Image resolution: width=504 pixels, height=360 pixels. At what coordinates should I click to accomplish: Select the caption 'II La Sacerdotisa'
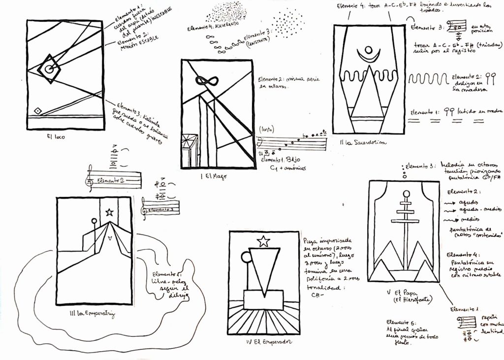(363, 142)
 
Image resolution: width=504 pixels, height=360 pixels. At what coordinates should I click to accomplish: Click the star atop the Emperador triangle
(264, 241)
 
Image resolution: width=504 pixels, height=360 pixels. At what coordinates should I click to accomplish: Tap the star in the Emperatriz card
(109, 212)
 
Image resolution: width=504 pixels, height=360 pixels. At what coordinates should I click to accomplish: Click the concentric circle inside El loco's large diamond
(49, 69)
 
